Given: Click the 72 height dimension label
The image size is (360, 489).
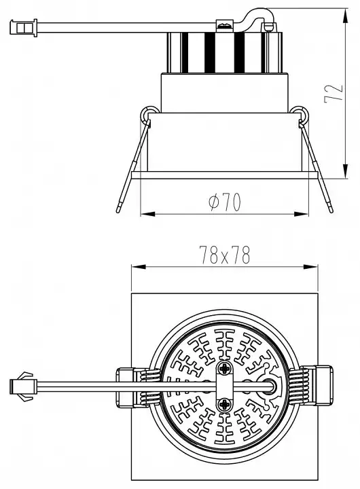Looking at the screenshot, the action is coord(334,93).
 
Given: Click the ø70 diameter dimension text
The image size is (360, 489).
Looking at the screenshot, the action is coord(225,202).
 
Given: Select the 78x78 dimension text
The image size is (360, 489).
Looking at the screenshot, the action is coord(225,255).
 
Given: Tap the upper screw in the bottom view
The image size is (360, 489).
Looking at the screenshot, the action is coord(224,369).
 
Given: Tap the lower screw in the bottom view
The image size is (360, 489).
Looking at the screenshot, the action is coord(224,405).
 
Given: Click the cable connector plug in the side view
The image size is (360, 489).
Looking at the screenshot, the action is coord(23,27).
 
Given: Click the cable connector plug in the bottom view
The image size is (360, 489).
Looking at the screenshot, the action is coord(22,386).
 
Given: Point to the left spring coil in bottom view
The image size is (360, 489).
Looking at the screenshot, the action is coord(149,386).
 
